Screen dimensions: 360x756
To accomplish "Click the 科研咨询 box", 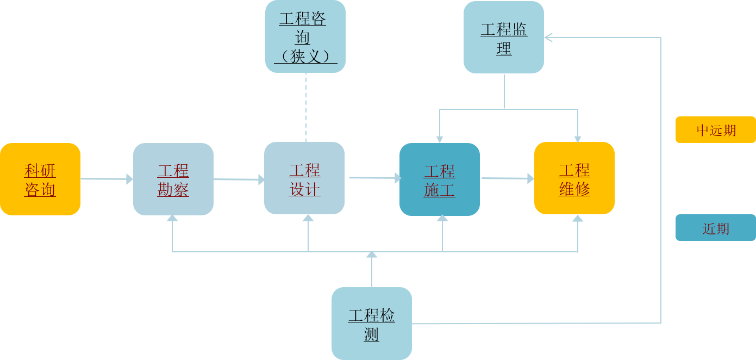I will tap(40, 179).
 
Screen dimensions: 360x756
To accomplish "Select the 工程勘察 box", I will tap(173, 179).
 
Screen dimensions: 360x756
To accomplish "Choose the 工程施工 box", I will tap(440, 179).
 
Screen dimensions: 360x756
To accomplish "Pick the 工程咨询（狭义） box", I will tap(305, 36).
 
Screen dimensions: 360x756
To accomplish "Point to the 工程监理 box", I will tap(504, 37).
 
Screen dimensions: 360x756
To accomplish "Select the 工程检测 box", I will tap(372, 324).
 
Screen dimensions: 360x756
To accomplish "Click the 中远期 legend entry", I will tap(716, 130).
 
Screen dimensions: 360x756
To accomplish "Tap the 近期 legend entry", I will tap(716, 228).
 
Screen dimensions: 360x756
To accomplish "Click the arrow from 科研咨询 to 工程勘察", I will tap(107, 178).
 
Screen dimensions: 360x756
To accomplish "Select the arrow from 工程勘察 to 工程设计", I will tap(239, 179).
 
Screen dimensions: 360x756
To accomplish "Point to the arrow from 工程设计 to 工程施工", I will tap(374, 177).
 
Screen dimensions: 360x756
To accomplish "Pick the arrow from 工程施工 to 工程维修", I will tap(507, 178).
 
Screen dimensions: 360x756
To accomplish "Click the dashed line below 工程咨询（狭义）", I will tap(305, 107).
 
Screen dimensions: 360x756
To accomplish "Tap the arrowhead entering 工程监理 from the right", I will tap(548, 38).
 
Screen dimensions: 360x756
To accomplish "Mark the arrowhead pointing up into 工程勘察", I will tap(172, 219).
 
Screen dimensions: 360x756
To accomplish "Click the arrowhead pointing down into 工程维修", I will tap(578, 139).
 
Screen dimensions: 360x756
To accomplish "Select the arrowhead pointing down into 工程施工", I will tap(440, 139).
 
